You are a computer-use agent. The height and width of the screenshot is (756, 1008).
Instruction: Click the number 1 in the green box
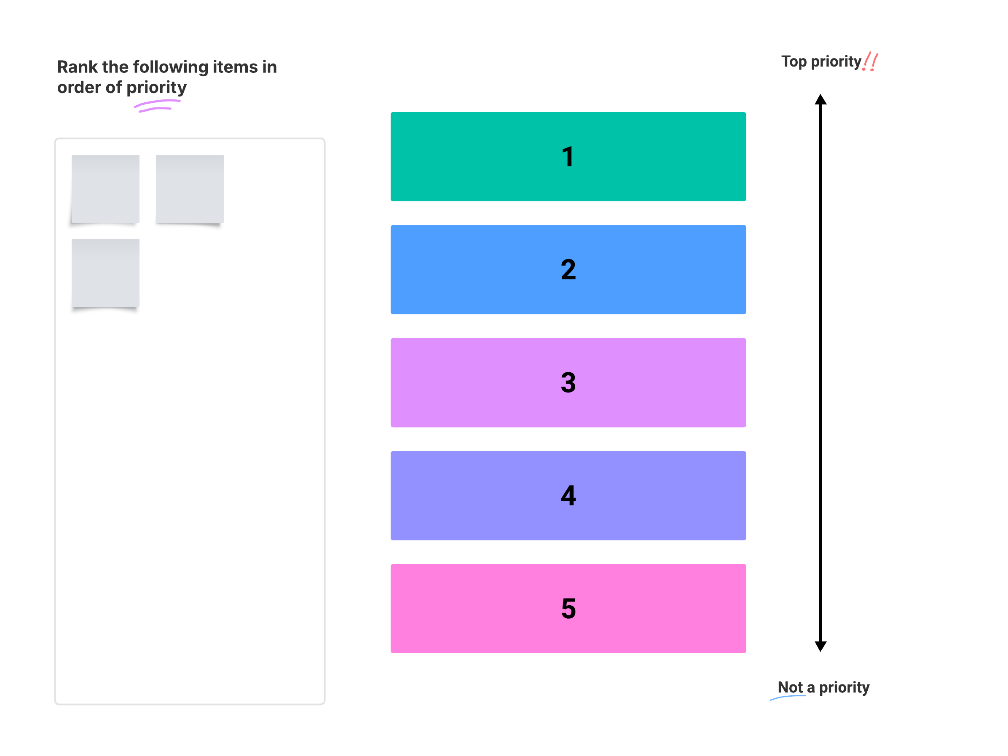pos(567,157)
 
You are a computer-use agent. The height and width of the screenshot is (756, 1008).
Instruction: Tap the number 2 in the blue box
pos(568,270)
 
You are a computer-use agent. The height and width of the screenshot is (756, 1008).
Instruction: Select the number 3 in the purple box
pos(568,382)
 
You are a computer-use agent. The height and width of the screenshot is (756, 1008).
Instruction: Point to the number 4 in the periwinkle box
pos(568,495)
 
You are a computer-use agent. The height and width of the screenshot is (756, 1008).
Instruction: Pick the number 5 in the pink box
pos(568,609)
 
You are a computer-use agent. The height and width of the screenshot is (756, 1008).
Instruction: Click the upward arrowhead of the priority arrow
pos(820,100)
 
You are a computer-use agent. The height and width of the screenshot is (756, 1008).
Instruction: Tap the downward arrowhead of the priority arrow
pos(820,646)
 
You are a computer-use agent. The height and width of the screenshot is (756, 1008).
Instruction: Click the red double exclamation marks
pos(870,61)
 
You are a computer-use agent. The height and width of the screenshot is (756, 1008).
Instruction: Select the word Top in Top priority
pos(794,61)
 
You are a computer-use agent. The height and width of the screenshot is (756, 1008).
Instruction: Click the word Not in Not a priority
pos(790,687)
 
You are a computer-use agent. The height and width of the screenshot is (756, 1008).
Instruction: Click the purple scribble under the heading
pos(157,106)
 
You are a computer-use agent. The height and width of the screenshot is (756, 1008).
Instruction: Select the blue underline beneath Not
pos(788,697)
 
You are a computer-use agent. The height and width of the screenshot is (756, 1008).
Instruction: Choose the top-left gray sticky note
pos(105,189)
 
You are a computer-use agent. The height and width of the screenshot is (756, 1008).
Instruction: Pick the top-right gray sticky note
pos(190,189)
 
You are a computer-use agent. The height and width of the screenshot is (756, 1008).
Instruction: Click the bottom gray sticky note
pos(105,273)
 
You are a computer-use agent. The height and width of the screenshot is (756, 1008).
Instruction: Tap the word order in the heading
pos(79,88)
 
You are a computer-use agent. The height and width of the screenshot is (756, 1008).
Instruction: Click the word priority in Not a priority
pos(844,687)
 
